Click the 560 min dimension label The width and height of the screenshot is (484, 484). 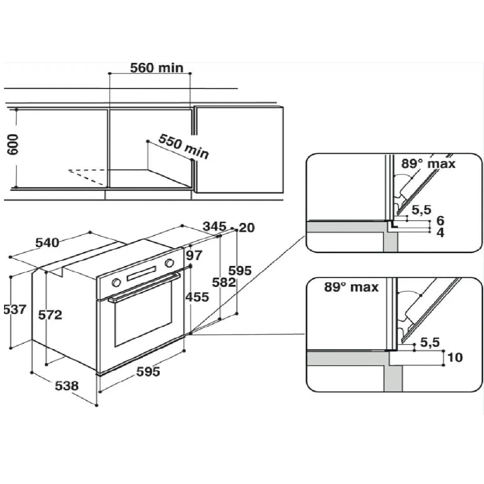coord(157,68)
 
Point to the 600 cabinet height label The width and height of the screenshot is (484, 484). coord(13,145)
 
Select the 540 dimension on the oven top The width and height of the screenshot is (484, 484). coord(47,243)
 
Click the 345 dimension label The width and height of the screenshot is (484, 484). coord(215,226)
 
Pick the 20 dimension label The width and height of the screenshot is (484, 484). coord(247,228)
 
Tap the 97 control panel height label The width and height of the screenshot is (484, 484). coord(194,256)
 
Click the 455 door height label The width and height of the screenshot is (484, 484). coord(197,297)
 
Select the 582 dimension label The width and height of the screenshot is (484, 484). coord(224,282)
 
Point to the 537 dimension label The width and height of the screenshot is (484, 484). coord(15,309)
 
